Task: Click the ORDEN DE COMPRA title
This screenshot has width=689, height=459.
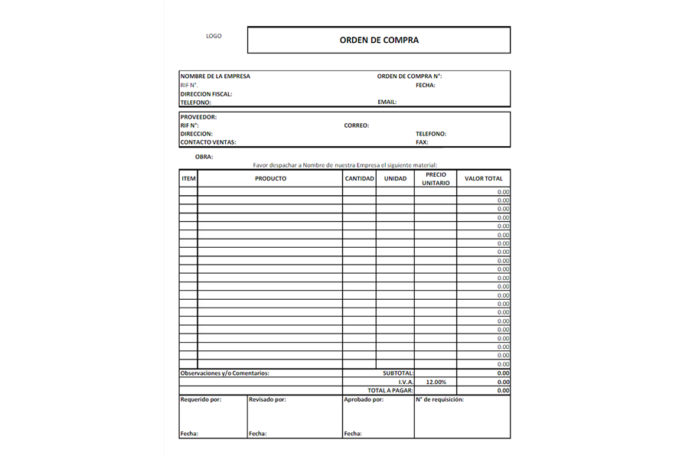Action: [379, 40]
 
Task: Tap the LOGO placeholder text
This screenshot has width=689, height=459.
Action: [214, 36]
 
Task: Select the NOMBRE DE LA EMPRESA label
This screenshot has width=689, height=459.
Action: [215, 76]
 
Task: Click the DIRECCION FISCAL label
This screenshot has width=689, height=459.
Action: [206, 94]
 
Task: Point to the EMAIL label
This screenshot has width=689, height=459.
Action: [387, 102]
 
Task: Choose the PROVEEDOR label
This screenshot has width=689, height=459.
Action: [198, 117]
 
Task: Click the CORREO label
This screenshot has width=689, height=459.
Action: [357, 125]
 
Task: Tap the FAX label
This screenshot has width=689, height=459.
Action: [422, 142]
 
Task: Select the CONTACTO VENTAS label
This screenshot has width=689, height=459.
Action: [208, 142]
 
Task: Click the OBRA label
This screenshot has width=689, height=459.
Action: [204, 157]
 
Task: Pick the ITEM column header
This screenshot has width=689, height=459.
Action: [188, 179]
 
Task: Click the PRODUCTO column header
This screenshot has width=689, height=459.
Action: [270, 179]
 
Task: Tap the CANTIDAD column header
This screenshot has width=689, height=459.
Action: [359, 179]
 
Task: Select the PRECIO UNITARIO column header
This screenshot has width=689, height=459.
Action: [436, 178]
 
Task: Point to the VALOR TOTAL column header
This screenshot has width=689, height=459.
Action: [484, 179]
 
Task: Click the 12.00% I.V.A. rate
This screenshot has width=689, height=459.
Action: [436, 382]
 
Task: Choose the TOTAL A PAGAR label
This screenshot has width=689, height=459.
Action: [390, 390]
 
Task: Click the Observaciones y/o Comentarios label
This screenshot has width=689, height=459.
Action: [224, 373]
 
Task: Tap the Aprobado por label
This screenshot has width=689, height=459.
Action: [364, 399]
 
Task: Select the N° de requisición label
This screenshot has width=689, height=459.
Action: [440, 399]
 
